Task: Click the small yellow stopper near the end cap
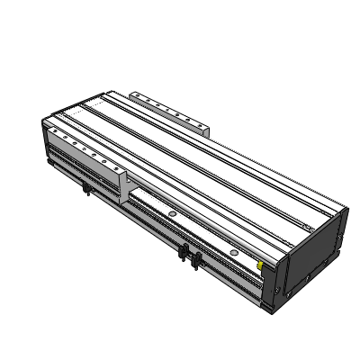(x=260, y=265)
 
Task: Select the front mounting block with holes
(x=85, y=152)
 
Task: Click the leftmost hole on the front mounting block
(x=55, y=131)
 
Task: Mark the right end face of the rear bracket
(x=209, y=131)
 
